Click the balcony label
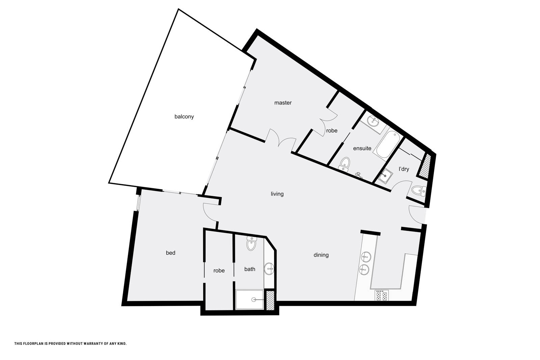coord(184,117)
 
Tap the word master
coord(283,103)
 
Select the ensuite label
coord(362,148)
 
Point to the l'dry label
coord(404,169)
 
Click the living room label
coord(277,194)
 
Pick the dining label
coord(321,255)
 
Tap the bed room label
coord(170,253)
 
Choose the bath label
coord(249,269)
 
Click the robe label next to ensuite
coord(332,131)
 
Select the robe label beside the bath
coord(219,271)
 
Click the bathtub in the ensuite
coord(388,144)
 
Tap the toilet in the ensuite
coord(345,164)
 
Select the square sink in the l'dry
coord(385,176)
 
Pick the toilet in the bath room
coord(251,243)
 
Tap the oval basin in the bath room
coord(269,269)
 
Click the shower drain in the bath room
coord(253,300)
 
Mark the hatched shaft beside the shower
coord(270,301)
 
